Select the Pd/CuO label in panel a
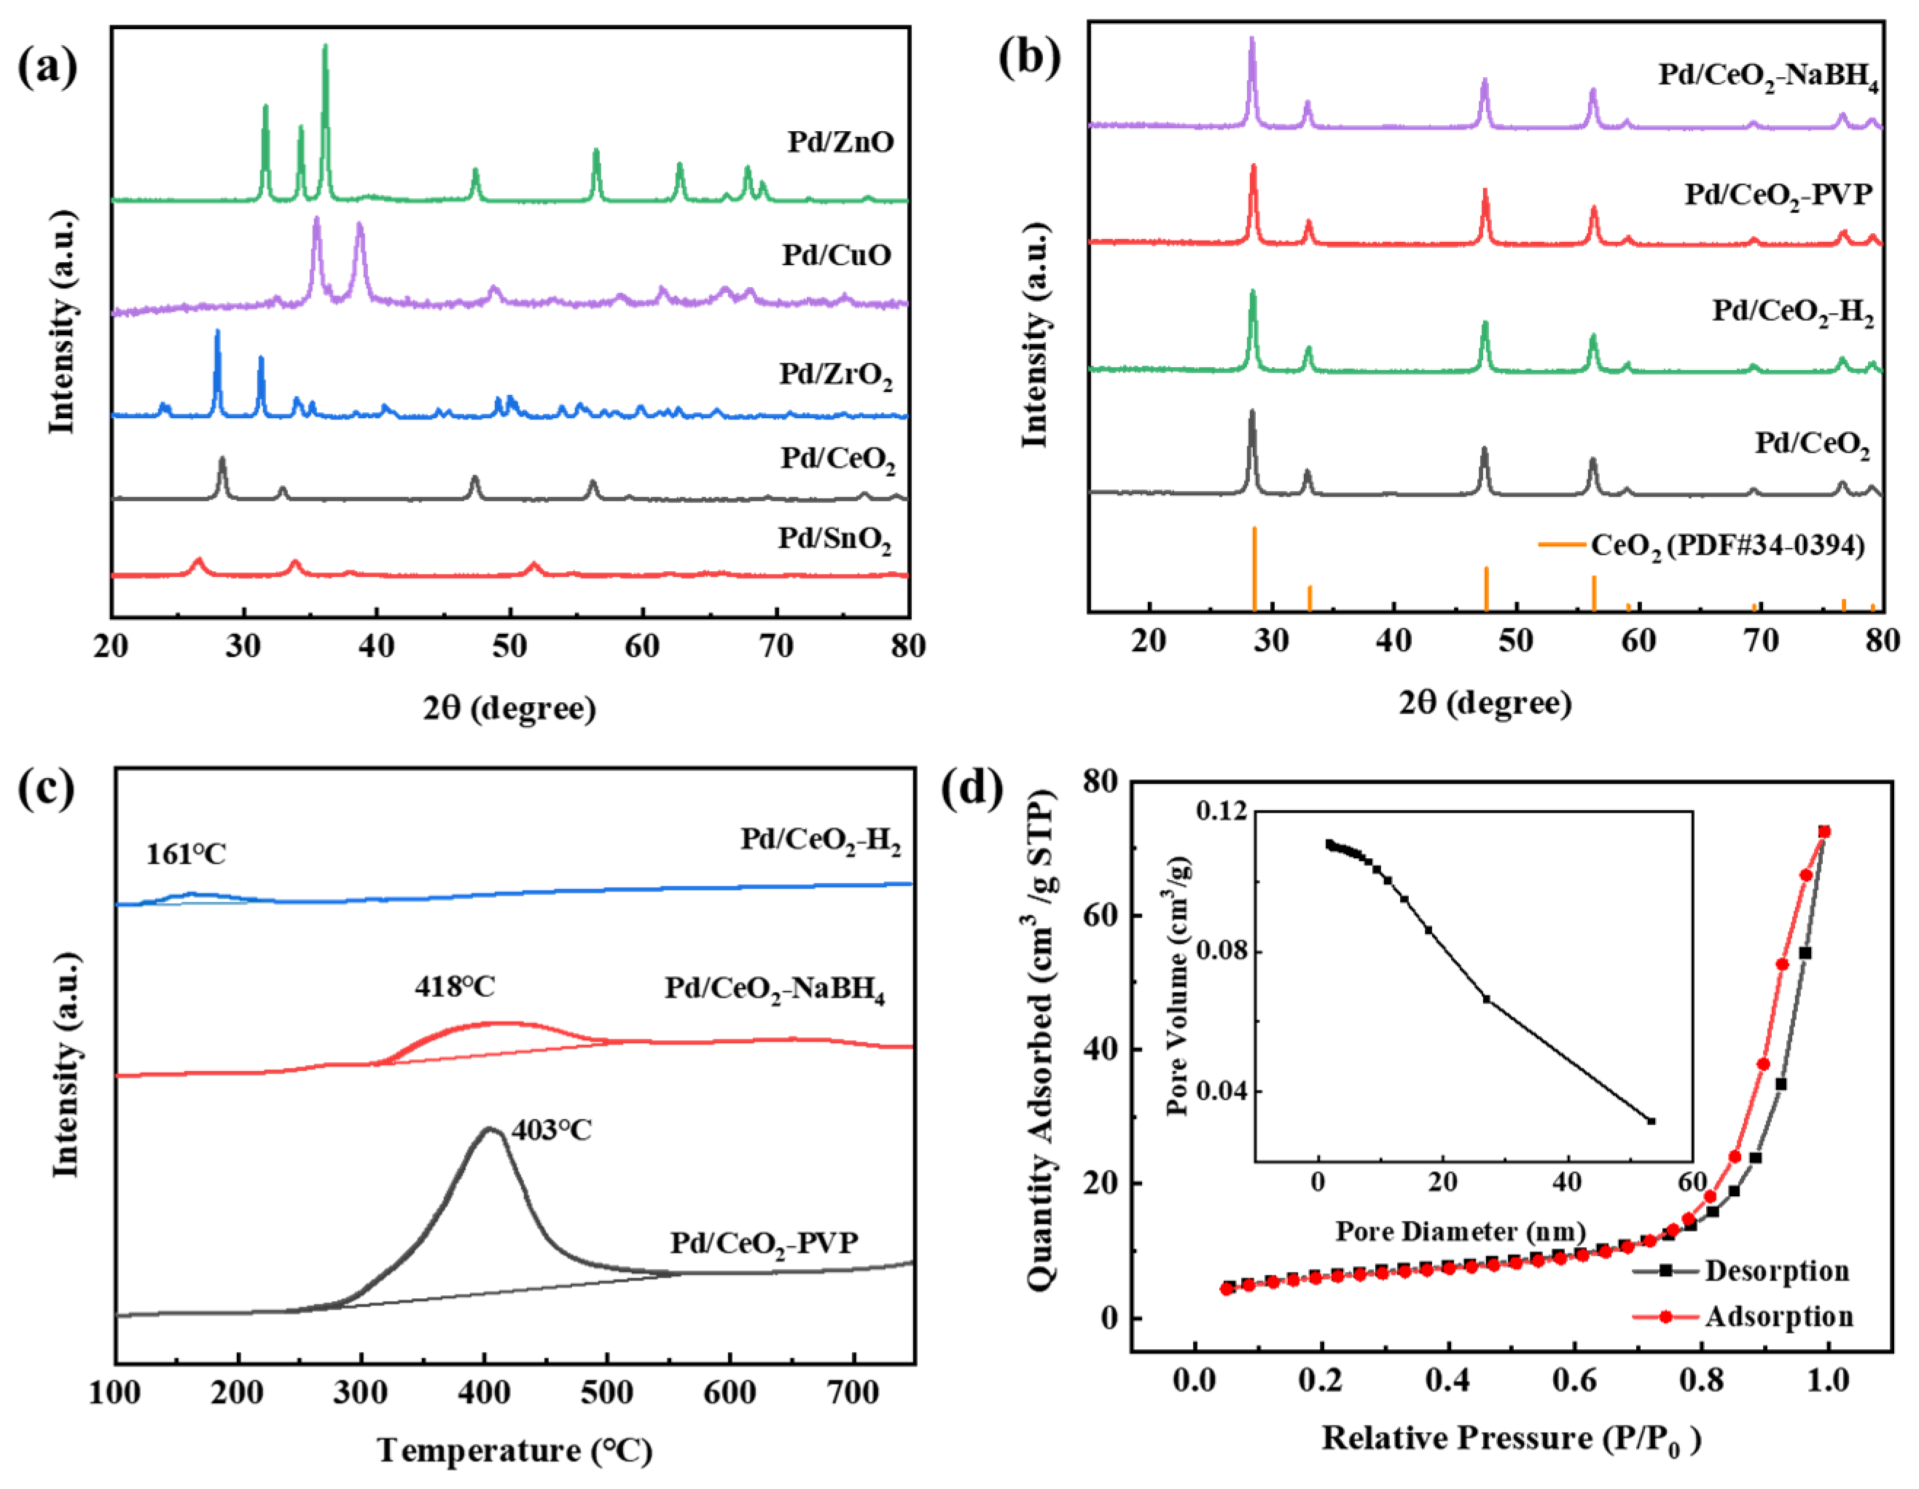pyautogui.click(x=837, y=255)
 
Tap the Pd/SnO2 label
pyautogui.click(x=834, y=538)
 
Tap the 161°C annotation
pyautogui.click(x=185, y=854)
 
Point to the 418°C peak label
pyautogui.click(x=454, y=986)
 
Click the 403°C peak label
pyautogui.click(x=552, y=1130)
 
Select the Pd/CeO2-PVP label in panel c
pyautogui.click(x=764, y=1243)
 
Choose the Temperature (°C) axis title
pyautogui.click(x=515, y=1450)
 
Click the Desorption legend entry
pyautogui.click(x=1775, y=1270)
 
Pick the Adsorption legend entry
pyautogui.click(x=1778, y=1316)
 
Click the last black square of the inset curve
pyautogui.click(x=1651, y=1121)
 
